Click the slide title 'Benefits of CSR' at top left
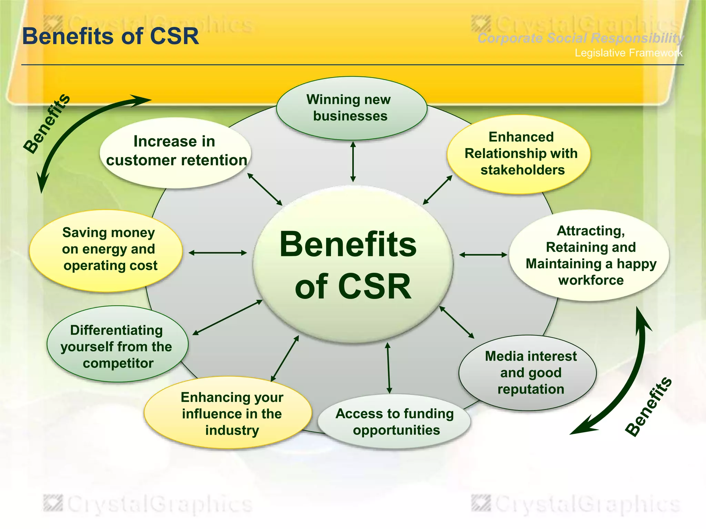coord(110,36)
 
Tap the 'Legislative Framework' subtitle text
coord(628,53)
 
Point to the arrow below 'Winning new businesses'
coord(353,162)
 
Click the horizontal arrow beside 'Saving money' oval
coord(218,253)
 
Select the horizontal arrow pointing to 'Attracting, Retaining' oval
coord(483,255)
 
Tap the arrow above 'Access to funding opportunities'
coord(389,368)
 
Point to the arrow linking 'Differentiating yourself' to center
coord(228,317)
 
